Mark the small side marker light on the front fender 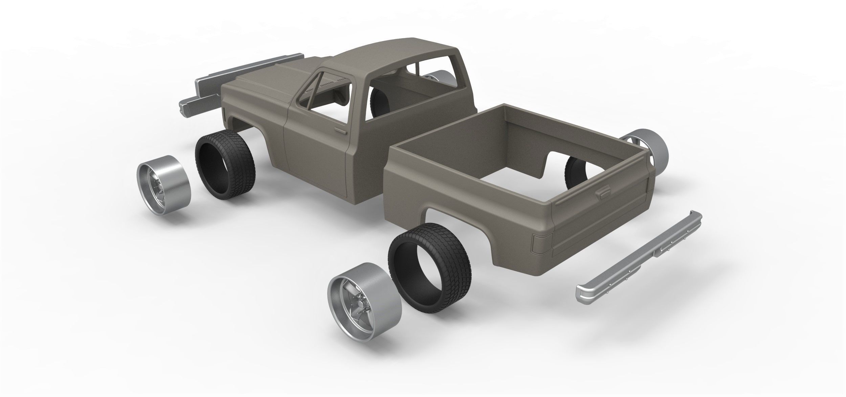point(224,111)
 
